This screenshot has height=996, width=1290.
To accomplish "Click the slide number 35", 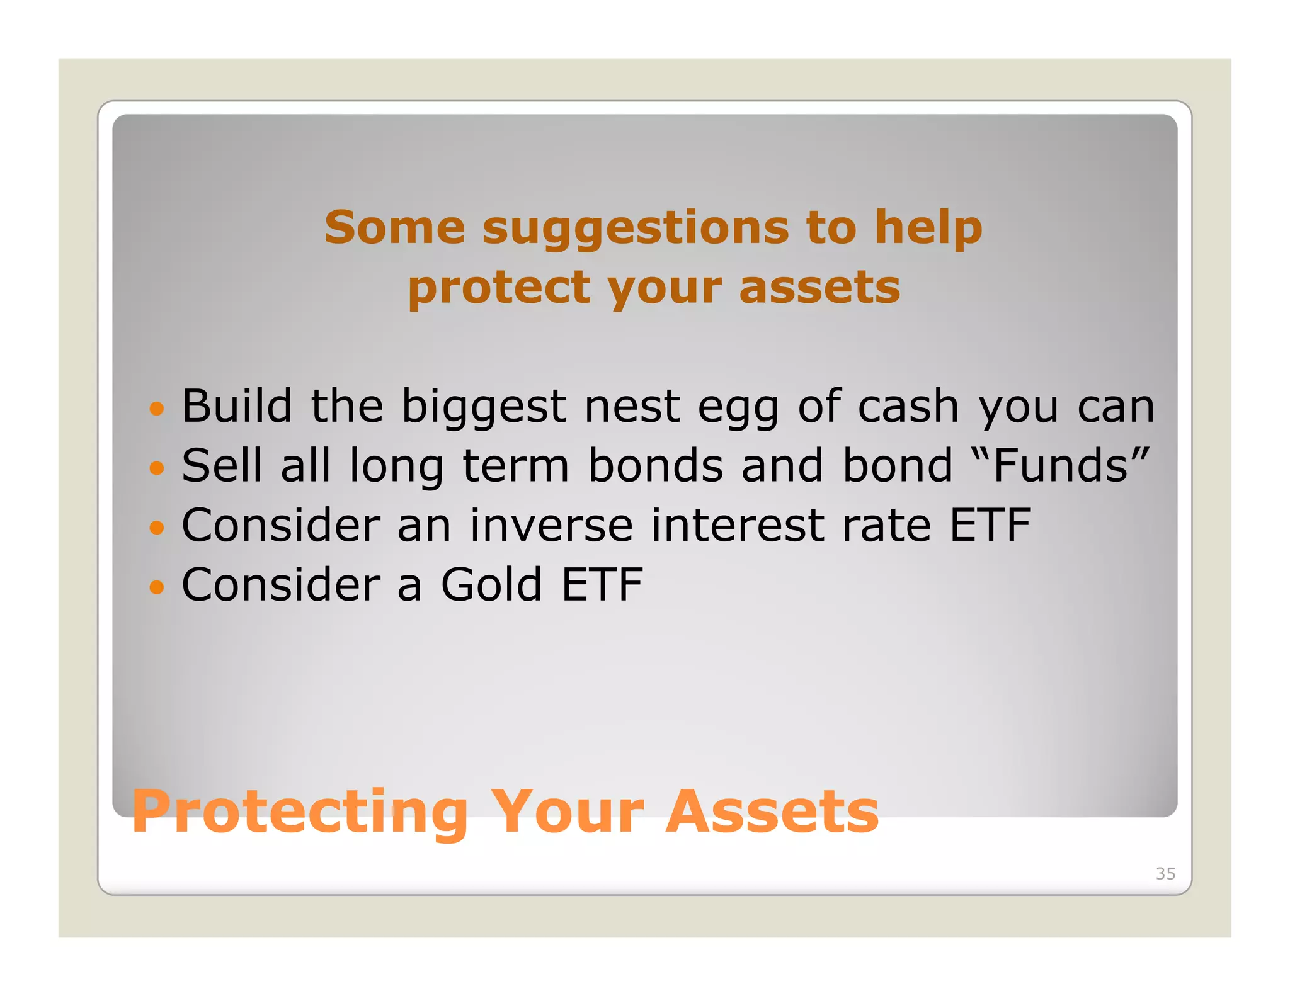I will point(1165,873).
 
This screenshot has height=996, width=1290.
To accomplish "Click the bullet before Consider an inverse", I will point(156,528).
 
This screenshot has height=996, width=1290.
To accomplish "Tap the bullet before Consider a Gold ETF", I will point(156,587).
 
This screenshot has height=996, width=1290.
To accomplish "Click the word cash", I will point(908,406).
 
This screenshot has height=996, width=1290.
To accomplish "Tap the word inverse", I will point(551,526).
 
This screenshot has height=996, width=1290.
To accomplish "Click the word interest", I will point(737,526).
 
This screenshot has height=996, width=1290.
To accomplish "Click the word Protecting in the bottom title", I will point(300,813).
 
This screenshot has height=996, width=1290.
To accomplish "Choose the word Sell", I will point(222,466).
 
